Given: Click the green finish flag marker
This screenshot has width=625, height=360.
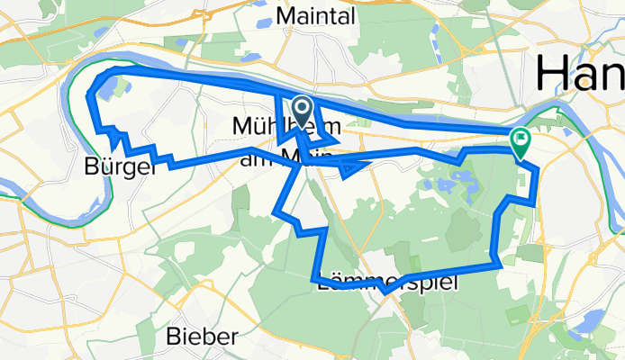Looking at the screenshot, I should coord(521,140).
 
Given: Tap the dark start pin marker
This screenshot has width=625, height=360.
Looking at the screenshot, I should coord(301,110).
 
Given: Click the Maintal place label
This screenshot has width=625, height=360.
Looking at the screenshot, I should coord(316,15).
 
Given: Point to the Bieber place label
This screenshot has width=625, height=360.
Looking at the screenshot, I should coord(202,337).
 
